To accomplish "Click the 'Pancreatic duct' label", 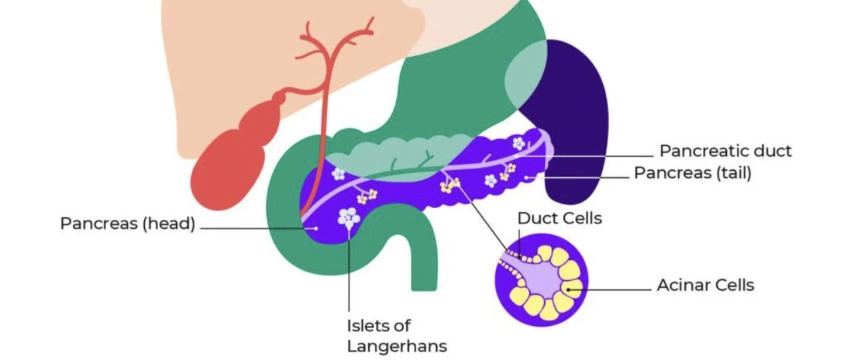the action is click(x=725, y=151).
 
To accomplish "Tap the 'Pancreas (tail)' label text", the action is click(x=692, y=173).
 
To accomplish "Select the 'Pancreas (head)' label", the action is click(x=128, y=223).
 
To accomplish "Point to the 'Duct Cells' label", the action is click(x=560, y=218).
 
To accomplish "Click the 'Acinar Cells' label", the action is click(x=706, y=285).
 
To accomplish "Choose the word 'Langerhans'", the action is click(x=397, y=346).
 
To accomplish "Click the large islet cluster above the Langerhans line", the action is click(x=349, y=218).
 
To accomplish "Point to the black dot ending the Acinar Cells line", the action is click(x=568, y=289).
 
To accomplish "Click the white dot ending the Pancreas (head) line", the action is click(x=316, y=229).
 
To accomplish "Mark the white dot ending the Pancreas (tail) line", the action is click(x=527, y=177).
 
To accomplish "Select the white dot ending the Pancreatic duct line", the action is click(x=516, y=155).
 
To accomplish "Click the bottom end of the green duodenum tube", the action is click(x=424, y=289).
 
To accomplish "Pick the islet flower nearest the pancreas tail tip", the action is click(x=518, y=143).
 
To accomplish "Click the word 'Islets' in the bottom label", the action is click(x=365, y=325).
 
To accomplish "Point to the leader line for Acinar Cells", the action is click(x=610, y=290).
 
